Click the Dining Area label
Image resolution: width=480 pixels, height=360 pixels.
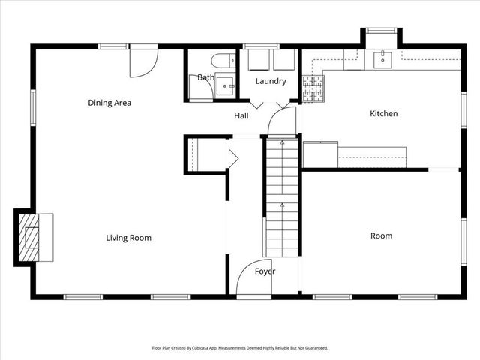109,103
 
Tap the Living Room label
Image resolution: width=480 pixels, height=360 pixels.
128,238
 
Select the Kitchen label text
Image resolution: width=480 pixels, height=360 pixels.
383,114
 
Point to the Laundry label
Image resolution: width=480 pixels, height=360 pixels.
271,81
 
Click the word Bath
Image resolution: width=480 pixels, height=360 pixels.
205,77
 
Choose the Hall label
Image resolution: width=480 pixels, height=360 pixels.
241,115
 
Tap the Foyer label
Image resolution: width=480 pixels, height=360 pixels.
265,271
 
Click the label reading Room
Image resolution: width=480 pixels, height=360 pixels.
381,235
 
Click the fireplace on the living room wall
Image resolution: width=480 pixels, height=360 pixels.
34,236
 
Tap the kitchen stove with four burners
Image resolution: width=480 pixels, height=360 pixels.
313,89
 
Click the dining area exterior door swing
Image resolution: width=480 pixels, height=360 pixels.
142,62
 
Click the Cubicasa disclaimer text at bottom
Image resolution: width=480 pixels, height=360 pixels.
240,348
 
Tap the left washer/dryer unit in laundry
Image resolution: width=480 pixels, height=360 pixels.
258,60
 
